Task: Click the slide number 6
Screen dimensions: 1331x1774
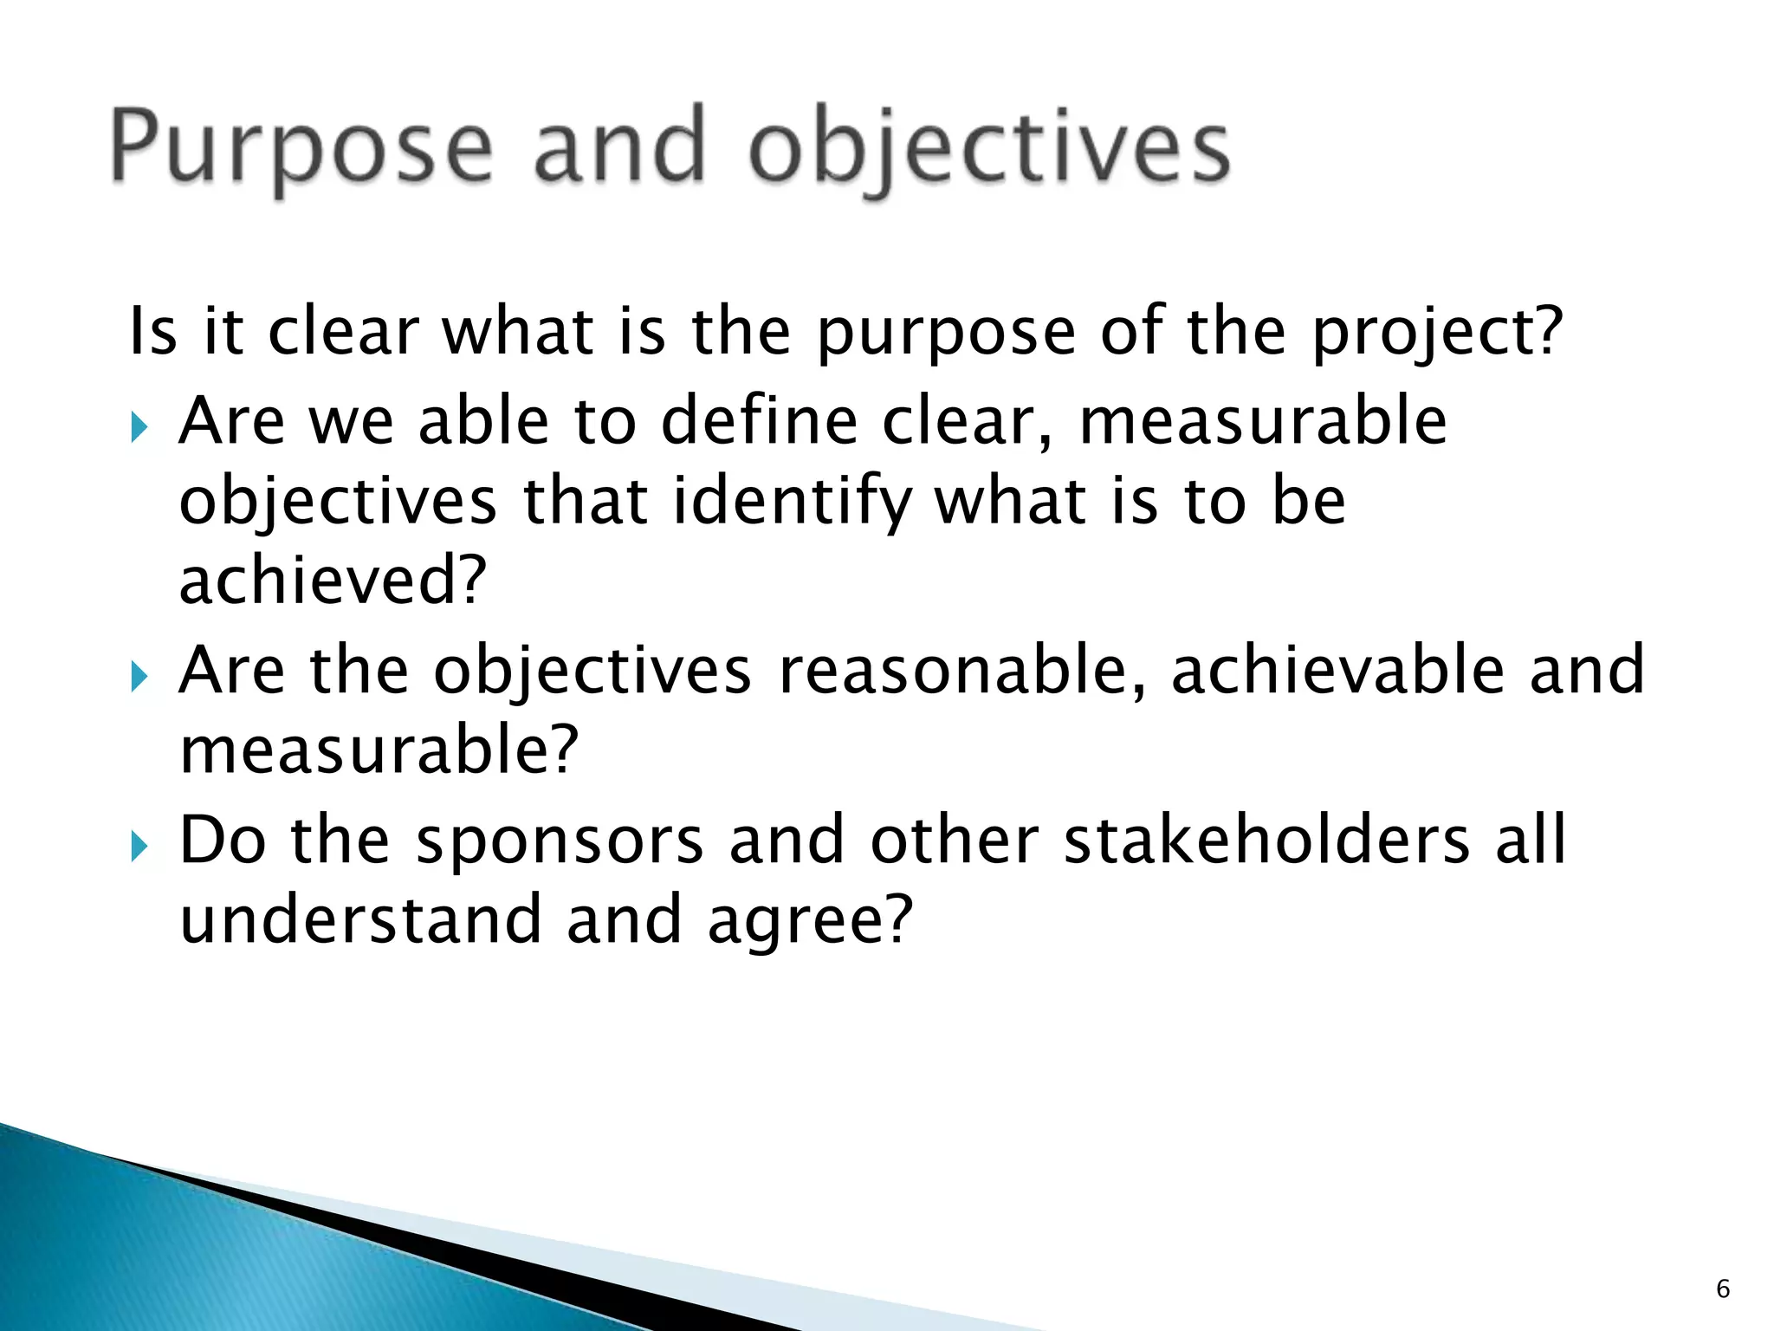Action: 1723,1289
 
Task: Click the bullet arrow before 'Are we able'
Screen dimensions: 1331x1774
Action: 140,426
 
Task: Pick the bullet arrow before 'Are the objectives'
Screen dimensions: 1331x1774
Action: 140,676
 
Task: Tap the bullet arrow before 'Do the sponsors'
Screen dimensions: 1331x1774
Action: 140,846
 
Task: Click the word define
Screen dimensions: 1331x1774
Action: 759,421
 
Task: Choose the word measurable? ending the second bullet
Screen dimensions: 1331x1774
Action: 379,750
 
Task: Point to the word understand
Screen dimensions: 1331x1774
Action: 360,920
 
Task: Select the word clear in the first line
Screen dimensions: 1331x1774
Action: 343,333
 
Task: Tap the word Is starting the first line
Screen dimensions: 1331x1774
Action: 152,333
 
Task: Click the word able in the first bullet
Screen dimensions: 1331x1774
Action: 483,421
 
